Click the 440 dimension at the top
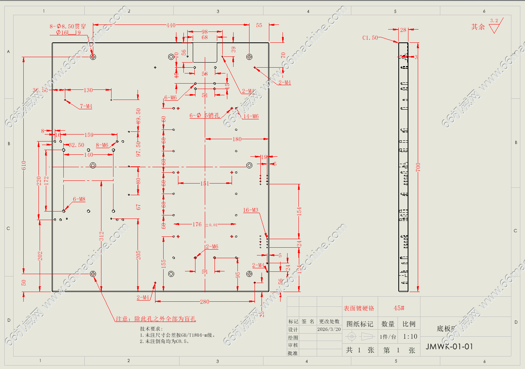(171, 25)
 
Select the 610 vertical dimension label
(24, 165)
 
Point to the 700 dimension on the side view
(418, 167)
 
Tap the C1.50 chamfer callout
(370, 38)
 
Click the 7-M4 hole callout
(86, 106)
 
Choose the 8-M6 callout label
(102, 145)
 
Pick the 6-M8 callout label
(79, 199)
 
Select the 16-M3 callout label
(251, 210)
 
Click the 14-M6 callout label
(251, 116)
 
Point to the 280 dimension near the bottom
(204, 301)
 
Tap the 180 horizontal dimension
(237, 139)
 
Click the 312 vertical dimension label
(101, 236)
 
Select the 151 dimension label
(205, 183)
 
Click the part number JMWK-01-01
(449, 346)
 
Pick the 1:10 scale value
(410, 336)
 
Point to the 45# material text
(399, 308)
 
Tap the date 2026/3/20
(329, 329)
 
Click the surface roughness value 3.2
(494, 21)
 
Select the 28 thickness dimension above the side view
(403, 30)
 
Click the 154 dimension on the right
(299, 211)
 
